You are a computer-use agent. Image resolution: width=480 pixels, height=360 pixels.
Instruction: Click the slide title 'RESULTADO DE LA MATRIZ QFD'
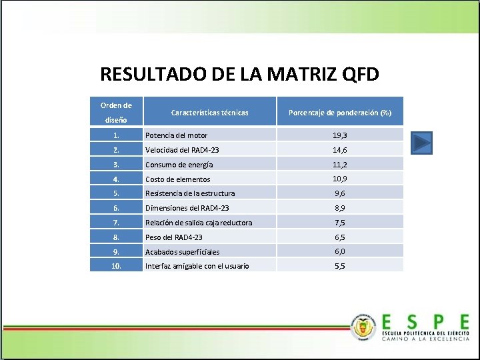(x=239, y=73)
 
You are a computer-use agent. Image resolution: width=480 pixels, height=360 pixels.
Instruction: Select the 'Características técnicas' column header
(x=209, y=113)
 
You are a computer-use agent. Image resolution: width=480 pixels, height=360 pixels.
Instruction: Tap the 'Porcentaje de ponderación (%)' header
(x=339, y=113)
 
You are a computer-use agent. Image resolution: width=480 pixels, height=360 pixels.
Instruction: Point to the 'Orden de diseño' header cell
(x=116, y=112)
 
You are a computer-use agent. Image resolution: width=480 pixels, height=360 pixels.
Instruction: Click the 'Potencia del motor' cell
(x=176, y=135)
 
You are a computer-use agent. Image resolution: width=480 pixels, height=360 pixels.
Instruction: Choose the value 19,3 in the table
(x=339, y=135)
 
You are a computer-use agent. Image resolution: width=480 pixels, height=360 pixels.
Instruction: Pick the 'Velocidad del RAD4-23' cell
(x=182, y=150)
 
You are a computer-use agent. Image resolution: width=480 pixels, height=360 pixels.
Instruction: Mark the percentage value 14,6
(x=339, y=150)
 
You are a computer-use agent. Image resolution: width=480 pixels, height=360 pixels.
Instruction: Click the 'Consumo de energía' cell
(x=179, y=165)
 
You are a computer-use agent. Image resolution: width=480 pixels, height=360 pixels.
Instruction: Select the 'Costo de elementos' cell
(x=177, y=179)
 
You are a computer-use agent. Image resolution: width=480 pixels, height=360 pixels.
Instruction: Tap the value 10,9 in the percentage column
(x=339, y=179)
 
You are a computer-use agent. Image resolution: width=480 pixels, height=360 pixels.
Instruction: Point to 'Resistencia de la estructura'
(x=190, y=193)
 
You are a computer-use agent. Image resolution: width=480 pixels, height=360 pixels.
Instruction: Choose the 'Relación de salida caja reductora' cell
(x=199, y=223)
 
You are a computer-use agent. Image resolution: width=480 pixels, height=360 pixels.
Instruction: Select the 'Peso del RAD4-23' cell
(x=173, y=237)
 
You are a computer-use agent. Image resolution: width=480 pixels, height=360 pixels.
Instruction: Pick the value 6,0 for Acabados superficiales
(x=339, y=251)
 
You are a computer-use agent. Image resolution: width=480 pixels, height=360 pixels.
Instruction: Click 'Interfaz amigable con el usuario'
(x=197, y=266)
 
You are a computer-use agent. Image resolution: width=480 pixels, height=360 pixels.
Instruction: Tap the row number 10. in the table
(x=116, y=266)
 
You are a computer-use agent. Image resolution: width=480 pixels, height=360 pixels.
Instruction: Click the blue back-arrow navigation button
(x=421, y=143)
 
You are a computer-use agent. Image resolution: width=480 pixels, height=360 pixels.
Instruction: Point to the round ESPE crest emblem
(x=363, y=327)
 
